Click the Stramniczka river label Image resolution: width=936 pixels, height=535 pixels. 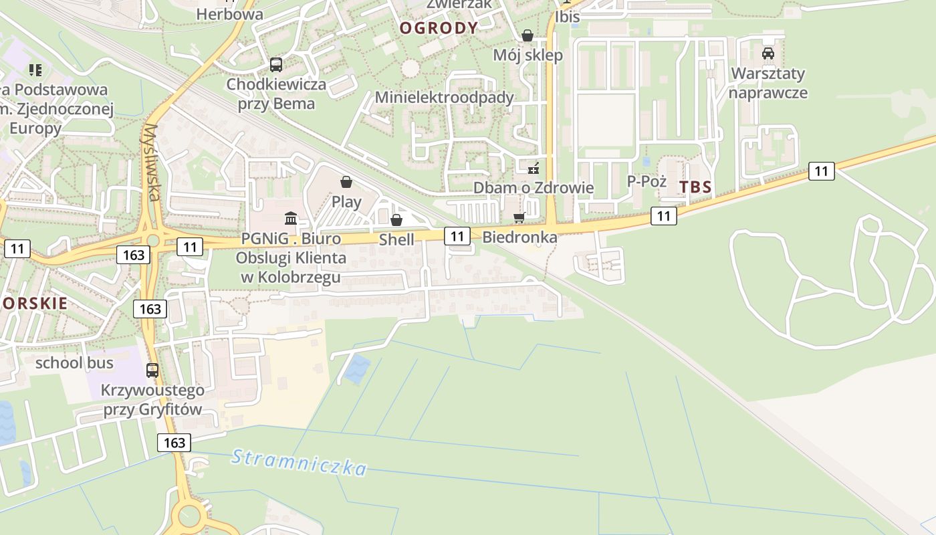pos(299,462)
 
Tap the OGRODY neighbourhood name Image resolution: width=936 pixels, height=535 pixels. pos(439,28)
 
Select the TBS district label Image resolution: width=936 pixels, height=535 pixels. pos(695,187)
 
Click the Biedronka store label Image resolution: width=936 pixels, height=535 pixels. pos(519,237)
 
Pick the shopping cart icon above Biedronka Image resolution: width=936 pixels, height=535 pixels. pos(519,217)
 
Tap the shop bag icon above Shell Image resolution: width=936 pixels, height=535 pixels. pos(396,219)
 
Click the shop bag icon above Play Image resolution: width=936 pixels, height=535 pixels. pos(346,182)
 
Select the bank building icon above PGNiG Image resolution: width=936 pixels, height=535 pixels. pos(291,218)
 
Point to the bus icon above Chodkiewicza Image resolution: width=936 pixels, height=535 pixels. pos(275,65)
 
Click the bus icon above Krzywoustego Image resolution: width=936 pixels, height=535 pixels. pos(152,370)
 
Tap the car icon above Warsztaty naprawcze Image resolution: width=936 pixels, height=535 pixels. pos(768,53)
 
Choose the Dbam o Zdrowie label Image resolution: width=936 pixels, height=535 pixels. pos(534,187)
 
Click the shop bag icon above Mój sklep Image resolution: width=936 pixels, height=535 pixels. pos(528,35)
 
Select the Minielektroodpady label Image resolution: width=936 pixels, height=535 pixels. pos(444,98)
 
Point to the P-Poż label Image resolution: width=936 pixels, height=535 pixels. pos(647,181)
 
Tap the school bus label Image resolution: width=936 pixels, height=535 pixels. pos(74,363)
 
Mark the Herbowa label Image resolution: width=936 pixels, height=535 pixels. pos(229,14)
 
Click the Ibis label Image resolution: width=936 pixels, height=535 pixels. pos(567,17)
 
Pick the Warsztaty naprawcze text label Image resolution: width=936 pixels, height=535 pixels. pos(768,83)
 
